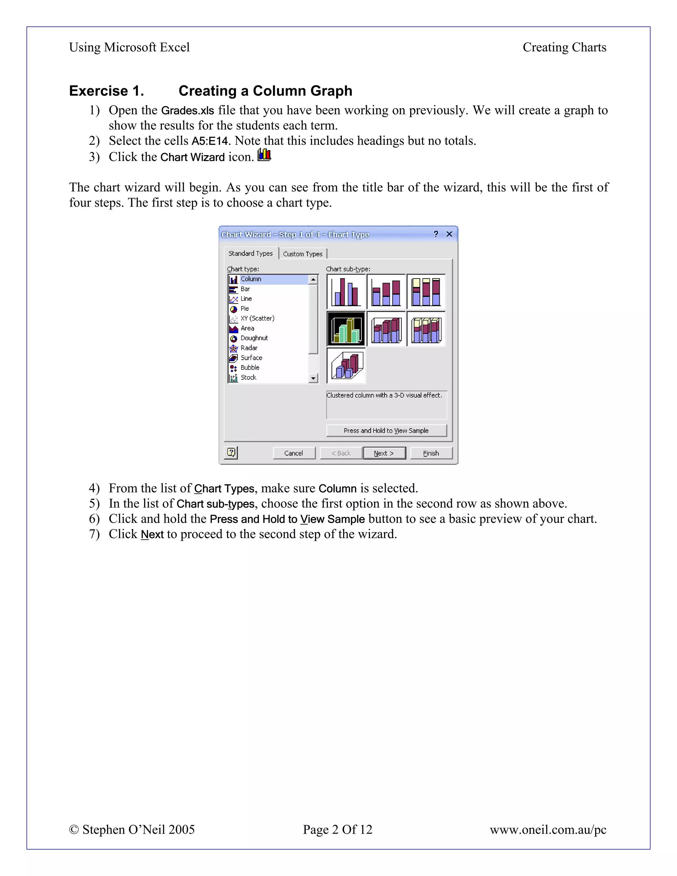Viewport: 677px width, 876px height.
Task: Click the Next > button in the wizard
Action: (x=384, y=453)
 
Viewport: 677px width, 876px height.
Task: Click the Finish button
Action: (x=431, y=453)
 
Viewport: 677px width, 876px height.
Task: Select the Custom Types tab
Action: (x=303, y=254)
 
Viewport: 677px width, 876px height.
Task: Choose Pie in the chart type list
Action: (x=245, y=308)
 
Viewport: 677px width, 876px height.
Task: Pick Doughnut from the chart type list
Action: (x=254, y=338)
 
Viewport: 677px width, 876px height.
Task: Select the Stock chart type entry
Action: (x=248, y=377)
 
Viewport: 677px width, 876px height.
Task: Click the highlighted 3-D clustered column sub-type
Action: (x=346, y=329)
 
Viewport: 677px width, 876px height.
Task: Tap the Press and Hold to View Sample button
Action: (x=386, y=430)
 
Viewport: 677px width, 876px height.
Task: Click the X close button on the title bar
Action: (x=449, y=234)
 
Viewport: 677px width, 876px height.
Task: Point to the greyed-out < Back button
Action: (x=341, y=453)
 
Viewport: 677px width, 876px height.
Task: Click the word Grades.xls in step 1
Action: (x=187, y=110)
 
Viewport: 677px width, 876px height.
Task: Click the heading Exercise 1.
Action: (x=107, y=91)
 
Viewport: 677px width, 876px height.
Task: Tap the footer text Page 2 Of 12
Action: (x=337, y=829)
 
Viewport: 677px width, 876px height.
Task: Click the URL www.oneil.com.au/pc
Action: (x=547, y=829)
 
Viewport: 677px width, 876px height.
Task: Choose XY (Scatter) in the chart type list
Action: (x=257, y=318)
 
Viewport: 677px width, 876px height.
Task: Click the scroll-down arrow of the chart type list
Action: (x=313, y=378)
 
